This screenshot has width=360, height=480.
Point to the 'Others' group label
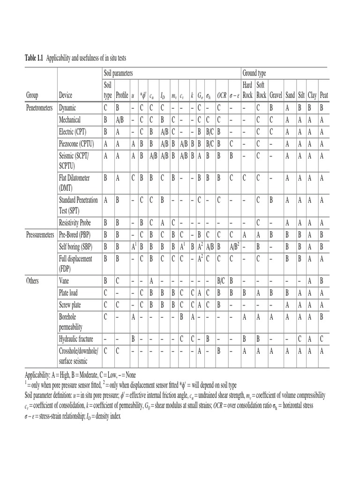click(x=32, y=281)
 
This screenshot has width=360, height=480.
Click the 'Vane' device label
click(x=64, y=281)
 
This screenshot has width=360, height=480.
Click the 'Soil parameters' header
click(x=119, y=74)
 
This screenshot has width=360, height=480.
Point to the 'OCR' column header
click(x=222, y=96)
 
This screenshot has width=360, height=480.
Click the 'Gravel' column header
click(x=276, y=95)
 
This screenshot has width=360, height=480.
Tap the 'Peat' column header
click(x=323, y=95)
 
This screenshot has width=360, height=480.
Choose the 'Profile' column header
click(x=122, y=95)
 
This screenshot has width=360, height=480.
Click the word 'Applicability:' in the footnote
click(x=40, y=375)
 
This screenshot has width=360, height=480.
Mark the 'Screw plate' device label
click(x=71, y=305)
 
